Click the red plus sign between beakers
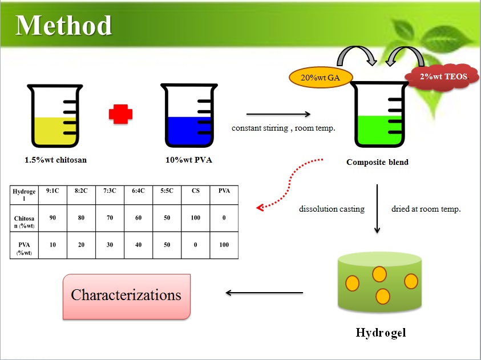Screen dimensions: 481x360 (120, 114)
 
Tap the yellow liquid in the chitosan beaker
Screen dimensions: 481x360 (55, 131)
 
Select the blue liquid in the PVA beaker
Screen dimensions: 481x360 (189, 131)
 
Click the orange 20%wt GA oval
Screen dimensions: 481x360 (321, 78)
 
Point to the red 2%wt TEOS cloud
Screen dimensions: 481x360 (442, 77)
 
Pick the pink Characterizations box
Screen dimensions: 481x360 (127, 297)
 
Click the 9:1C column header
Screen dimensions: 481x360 (52, 191)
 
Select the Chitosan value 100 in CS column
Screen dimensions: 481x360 (195, 218)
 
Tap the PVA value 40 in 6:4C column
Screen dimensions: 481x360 (138, 245)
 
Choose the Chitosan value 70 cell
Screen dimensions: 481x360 (110, 218)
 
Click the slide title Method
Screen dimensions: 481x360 (63, 26)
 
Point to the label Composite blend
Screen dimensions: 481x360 (377, 162)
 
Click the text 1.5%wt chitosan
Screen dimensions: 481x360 (55, 160)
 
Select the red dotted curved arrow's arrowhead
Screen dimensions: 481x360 (260, 208)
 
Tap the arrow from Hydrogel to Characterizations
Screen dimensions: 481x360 (264, 293)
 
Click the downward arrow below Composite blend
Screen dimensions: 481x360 (377, 208)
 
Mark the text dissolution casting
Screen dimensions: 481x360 (332, 209)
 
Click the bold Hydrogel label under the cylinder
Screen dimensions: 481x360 (381, 333)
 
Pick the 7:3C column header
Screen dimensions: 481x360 (110, 191)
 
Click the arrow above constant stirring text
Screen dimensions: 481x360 (278, 114)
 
